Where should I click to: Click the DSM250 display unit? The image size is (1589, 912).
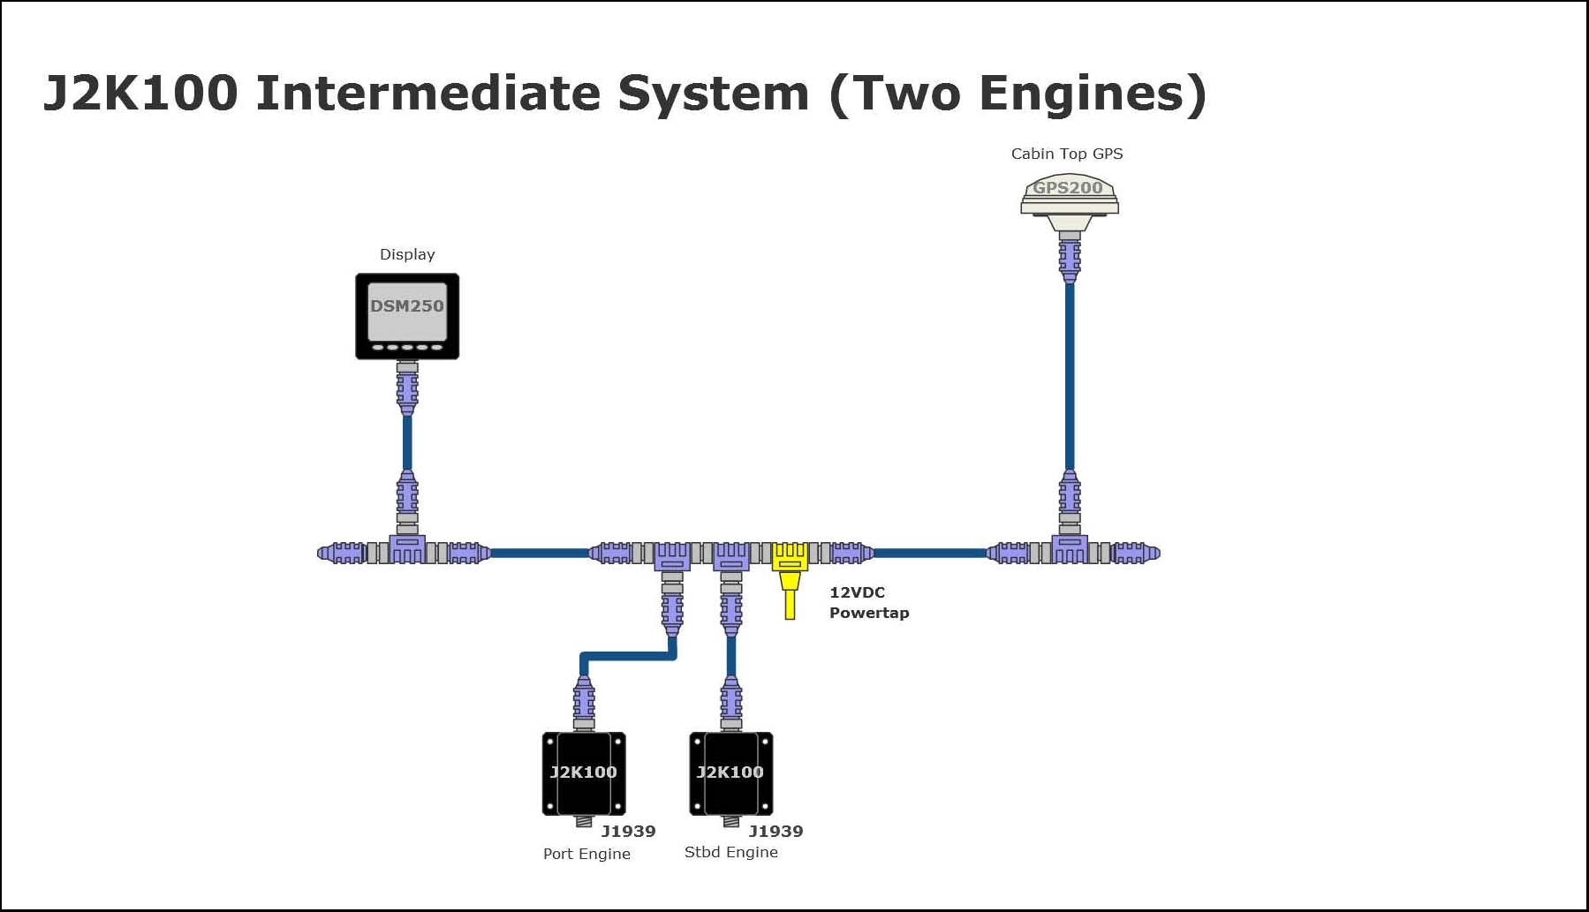[407, 315]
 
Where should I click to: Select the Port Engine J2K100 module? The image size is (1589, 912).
[584, 773]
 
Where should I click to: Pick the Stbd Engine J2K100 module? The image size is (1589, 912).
[730, 773]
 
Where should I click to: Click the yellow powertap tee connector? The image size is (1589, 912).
[790, 558]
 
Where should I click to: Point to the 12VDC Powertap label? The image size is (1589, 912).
[868, 603]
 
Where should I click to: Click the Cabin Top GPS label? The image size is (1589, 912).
[1067, 154]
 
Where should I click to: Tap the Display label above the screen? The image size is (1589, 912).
[407, 254]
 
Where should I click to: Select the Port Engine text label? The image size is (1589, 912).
[586, 854]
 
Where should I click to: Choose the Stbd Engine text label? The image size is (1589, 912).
[730, 852]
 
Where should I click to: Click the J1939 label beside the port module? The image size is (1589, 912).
[628, 831]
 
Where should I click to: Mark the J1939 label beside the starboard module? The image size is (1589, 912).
[776, 831]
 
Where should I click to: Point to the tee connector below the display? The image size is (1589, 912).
[407, 550]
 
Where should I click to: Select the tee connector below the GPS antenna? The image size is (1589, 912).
[1069, 550]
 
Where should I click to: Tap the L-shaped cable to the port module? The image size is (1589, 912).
[627, 656]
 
